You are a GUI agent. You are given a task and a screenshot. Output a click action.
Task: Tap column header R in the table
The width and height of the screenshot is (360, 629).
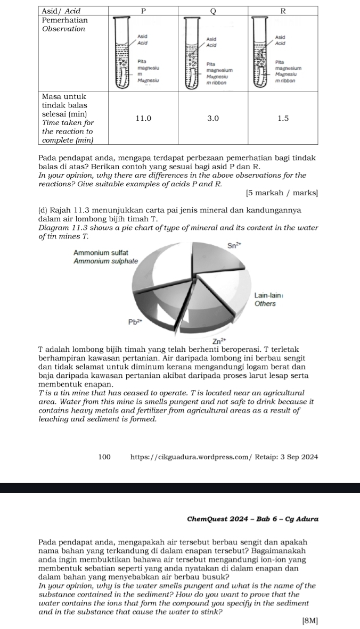[283, 11]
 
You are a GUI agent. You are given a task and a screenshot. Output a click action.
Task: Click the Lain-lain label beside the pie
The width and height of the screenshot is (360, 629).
[266, 295]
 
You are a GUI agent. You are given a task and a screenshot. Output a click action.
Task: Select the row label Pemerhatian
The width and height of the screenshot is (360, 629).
[65, 20]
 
